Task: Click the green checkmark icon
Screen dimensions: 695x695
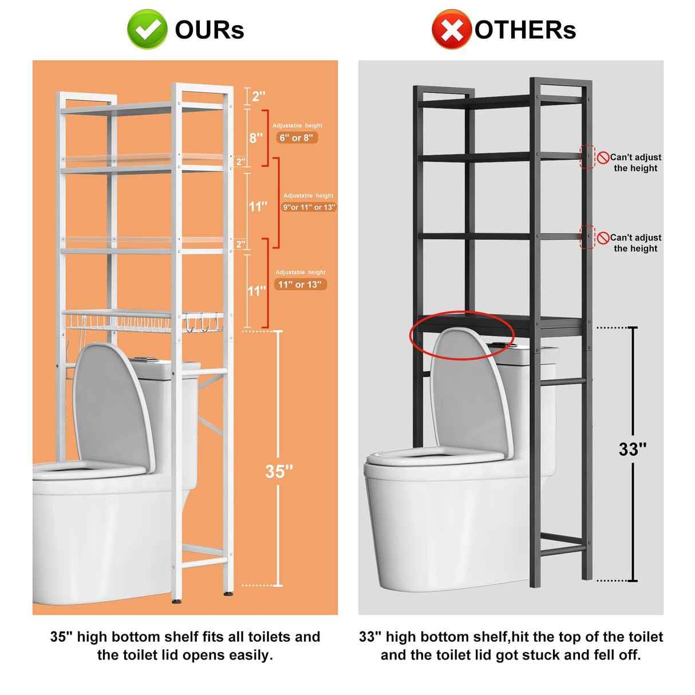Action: (147, 29)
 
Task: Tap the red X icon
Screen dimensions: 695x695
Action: (451, 29)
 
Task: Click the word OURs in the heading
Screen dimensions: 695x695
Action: (210, 30)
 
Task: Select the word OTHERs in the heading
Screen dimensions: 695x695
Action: (525, 30)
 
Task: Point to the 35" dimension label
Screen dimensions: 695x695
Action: (279, 471)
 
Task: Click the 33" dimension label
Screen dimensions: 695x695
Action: (633, 449)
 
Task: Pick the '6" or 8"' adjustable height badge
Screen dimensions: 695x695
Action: (297, 138)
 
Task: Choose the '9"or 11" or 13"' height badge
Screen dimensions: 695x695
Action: (309, 207)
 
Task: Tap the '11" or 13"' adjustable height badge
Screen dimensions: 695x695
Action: (300, 285)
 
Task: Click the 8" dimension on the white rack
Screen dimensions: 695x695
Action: (256, 138)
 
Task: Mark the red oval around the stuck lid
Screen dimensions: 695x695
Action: (461, 335)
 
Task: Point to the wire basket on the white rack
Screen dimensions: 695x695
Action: (143, 321)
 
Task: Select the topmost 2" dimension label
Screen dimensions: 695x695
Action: (258, 96)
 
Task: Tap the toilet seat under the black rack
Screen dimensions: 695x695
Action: (435, 457)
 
